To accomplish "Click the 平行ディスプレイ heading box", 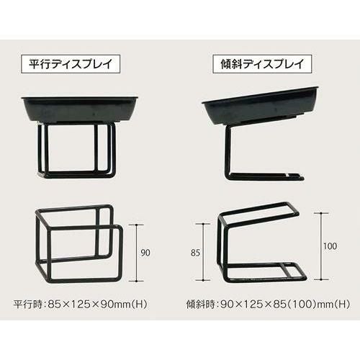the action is coord(71,64).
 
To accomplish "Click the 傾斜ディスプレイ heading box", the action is coord(262,64).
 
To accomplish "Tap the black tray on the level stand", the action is coord(80,109).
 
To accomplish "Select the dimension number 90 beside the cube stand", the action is coord(145,253).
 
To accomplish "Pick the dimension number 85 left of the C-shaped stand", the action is coord(195,253).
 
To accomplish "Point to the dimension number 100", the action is coord(330,246).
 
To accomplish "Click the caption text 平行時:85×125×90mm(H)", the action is coord(80,305).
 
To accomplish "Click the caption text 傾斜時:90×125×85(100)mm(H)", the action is coord(268,305).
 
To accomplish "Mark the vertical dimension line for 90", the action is coord(137,253).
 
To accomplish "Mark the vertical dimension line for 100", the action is coord(321,246).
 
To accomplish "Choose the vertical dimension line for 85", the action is coord(203,252).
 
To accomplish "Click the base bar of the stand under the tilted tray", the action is coord(265,176).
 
